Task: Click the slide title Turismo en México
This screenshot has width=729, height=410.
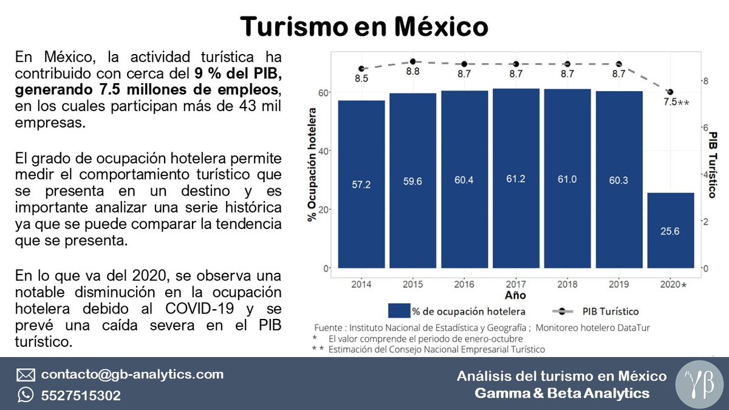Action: [364, 26]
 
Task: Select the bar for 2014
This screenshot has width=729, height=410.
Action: [361, 184]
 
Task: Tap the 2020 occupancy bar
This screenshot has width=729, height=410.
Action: [670, 230]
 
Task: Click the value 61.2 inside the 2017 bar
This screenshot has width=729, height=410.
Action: [516, 181]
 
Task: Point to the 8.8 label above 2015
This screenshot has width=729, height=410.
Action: [413, 72]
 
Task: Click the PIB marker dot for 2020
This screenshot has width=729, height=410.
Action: [670, 92]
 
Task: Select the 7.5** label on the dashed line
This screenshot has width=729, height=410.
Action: [676, 103]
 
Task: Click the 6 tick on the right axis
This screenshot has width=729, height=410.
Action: [705, 128]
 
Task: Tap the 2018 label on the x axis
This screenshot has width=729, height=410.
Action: [567, 284]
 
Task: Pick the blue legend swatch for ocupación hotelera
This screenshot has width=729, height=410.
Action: [399, 311]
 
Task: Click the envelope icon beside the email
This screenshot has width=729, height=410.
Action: [26, 375]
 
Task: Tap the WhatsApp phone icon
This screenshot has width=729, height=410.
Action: [26, 395]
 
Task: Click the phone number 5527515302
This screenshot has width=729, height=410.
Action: [81, 395]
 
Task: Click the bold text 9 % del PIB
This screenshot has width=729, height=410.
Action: [239, 75]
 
